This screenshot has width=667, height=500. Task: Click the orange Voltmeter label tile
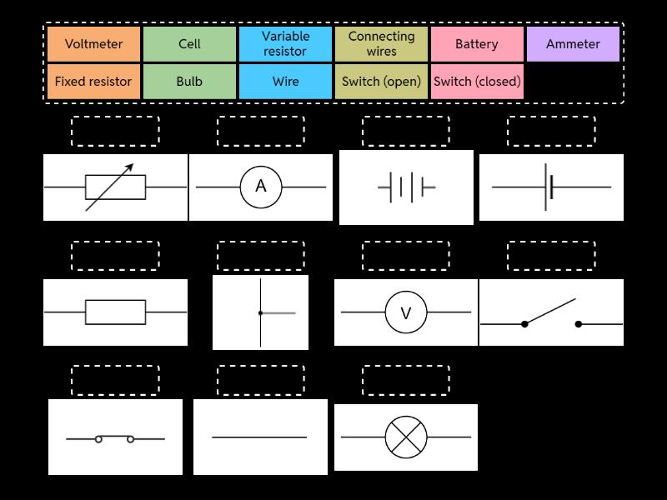pyautogui.click(x=93, y=44)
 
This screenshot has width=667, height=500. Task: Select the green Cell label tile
pyautogui.click(x=189, y=44)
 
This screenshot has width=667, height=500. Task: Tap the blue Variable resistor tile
pyautogui.click(x=285, y=44)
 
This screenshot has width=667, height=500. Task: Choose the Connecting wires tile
pyautogui.click(x=381, y=44)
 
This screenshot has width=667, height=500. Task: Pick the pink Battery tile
pyautogui.click(x=477, y=44)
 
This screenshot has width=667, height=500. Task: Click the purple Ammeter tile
pyautogui.click(x=573, y=44)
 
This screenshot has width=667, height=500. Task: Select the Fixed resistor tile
pyautogui.click(x=93, y=82)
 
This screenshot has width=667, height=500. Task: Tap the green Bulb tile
pyautogui.click(x=189, y=82)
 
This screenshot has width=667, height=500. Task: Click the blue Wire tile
pyautogui.click(x=285, y=82)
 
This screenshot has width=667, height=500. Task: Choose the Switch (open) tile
pyautogui.click(x=381, y=82)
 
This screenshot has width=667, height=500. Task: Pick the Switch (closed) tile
pyautogui.click(x=477, y=82)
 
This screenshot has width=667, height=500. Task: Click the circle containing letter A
pyautogui.click(x=261, y=187)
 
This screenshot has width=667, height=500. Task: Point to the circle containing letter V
pyautogui.click(x=406, y=312)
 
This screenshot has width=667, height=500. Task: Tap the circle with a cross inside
pyautogui.click(x=406, y=437)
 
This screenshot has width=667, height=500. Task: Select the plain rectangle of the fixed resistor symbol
pyautogui.click(x=115, y=312)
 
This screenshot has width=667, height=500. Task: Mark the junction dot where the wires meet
pyautogui.click(x=261, y=313)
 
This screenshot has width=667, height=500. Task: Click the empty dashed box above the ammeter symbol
pyautogui.click(x=261, y=131)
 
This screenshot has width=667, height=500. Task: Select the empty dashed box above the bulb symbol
pyautogui.click(x=406, y=380)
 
